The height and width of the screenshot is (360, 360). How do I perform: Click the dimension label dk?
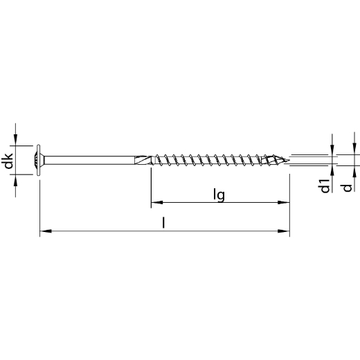coord(7,161)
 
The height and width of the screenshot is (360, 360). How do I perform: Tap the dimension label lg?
coord(219,195)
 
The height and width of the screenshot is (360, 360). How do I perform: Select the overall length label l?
coord(163,223)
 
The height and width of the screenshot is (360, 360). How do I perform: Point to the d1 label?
coord(325,186)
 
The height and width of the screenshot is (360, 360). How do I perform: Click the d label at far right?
coord(348,188)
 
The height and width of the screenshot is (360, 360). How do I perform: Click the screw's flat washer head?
coord(38,160)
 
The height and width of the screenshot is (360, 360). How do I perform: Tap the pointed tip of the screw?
coord(289,160)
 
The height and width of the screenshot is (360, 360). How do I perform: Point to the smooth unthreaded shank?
coord(89,160)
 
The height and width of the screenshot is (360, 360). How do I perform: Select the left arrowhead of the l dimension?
coord(46,231)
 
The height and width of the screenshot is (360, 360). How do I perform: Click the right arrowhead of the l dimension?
coord(284,231)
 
